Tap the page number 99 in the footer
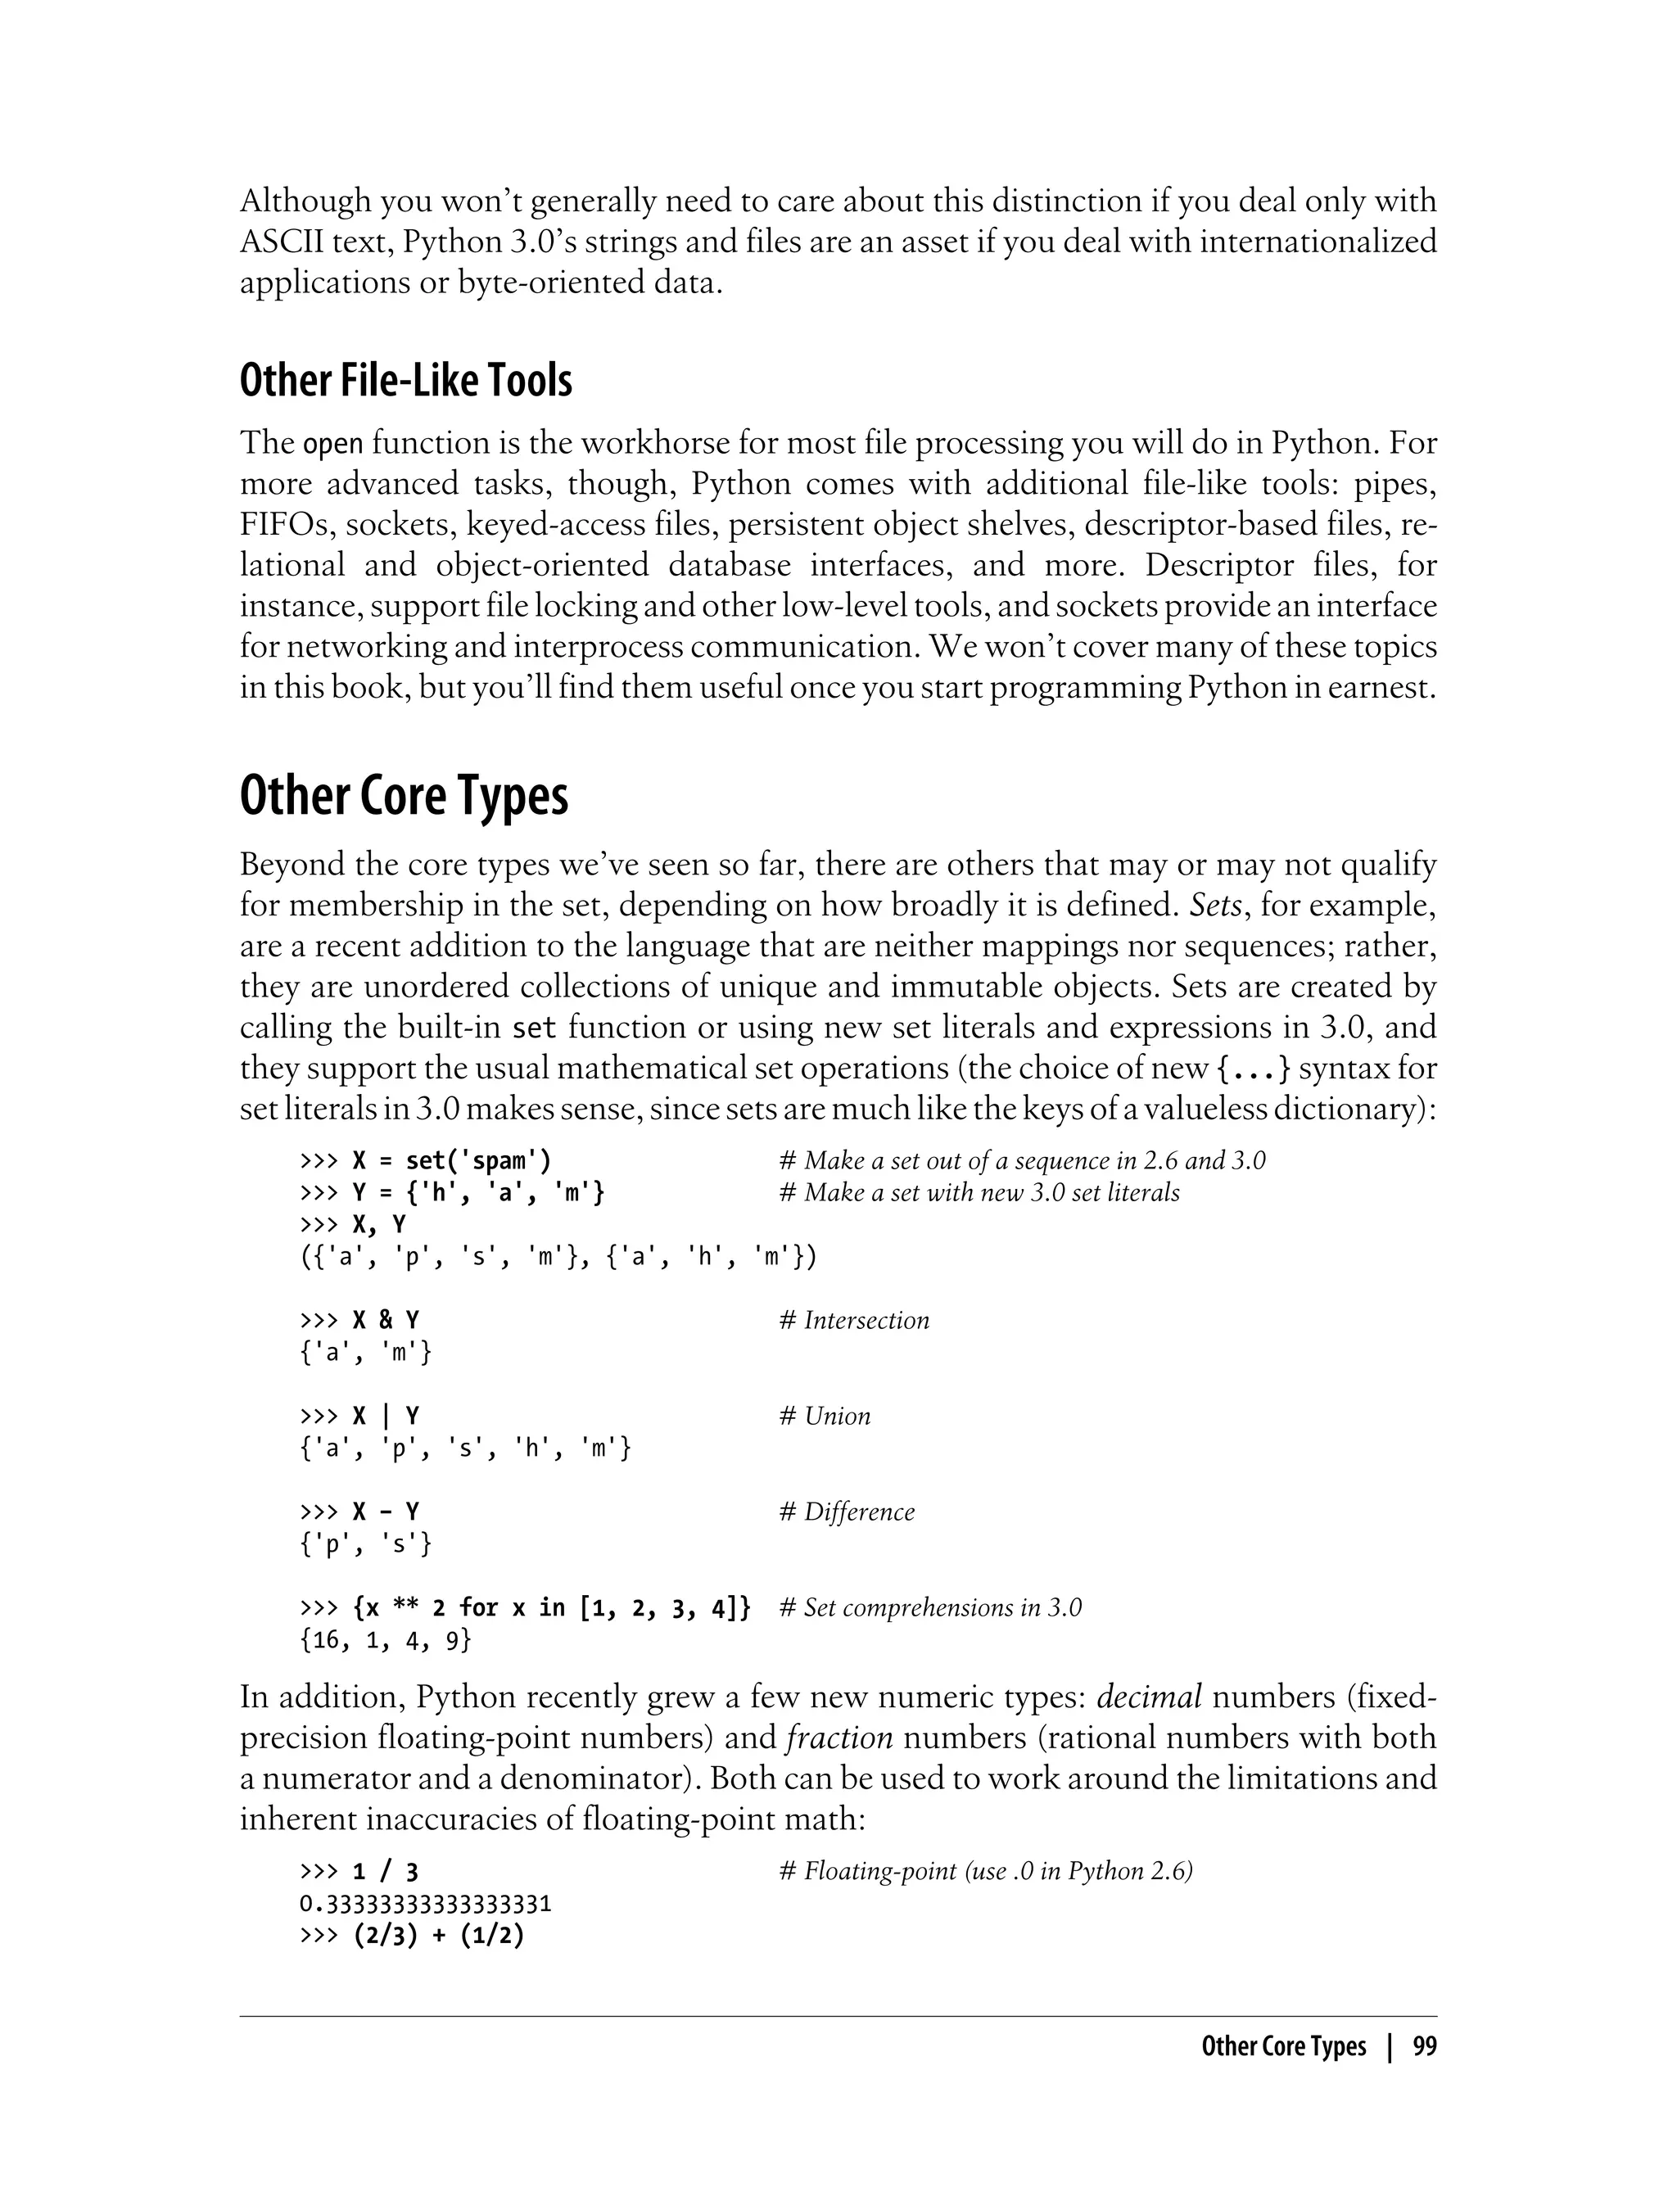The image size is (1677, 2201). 1425,2046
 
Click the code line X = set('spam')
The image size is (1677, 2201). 451,1160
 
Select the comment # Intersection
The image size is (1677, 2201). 853,1320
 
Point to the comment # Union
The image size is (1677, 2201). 824,1416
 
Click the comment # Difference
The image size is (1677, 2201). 847,1512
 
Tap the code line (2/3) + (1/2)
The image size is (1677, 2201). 438,1936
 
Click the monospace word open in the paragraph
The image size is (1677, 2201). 332,443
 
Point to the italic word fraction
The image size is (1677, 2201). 838,1738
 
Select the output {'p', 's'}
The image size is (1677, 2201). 366,1543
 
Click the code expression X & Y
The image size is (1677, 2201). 386,1320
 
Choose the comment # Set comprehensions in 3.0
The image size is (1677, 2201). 929,1607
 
